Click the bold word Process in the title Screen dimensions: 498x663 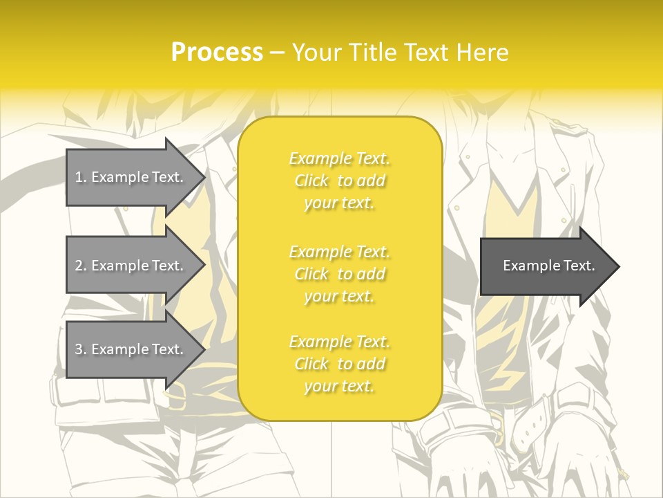point(217,53)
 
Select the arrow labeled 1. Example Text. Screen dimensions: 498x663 point(131,177)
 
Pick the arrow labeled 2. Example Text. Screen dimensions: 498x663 point(131,266)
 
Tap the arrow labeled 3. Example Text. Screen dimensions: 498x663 point(131,349)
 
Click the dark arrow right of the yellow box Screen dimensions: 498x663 point(546,266)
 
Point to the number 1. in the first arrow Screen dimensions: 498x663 point(81,177)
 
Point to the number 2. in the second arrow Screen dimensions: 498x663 point(81,266)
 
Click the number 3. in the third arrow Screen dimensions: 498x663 point(81,349)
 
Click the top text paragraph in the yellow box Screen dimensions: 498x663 point(340,181)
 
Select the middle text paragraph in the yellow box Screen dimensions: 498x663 point(340,274)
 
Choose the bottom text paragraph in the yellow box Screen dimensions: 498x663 point(340,364)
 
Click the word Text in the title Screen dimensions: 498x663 point(427,53)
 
